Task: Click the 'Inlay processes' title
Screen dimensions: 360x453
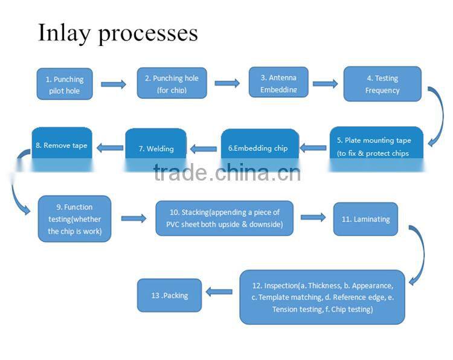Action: click(118, 33)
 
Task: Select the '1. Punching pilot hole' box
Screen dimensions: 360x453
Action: click(65, 84)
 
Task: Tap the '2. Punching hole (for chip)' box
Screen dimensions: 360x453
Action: click(172, 83)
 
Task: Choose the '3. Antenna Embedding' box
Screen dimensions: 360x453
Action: click(278, 83)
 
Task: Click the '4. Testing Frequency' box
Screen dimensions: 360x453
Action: click(382, 83)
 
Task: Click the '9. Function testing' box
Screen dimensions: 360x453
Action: click(74, 219)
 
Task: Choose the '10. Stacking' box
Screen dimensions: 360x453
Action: click(224, 218)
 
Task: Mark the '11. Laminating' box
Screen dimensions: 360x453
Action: click(365, 219)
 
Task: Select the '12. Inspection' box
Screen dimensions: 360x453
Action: click(322, 297)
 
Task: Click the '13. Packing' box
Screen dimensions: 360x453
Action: click(169, 295)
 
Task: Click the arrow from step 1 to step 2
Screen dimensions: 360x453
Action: click(113, 84)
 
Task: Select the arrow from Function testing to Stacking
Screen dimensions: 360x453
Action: click(133, 218)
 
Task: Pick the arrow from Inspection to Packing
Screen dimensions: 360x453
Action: click(219, 292)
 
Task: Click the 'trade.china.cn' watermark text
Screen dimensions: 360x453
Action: click(227, 173)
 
